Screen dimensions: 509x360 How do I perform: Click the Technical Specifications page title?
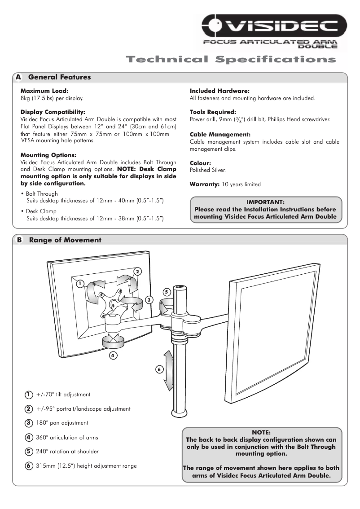click(x=230, y=60)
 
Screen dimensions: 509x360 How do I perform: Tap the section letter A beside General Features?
click(x=18, y=77)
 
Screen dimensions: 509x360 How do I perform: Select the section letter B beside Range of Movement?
click(x=19, y=240)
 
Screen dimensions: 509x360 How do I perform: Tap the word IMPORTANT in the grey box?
click(x=265, y=202)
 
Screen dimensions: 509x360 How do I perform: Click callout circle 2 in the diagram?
click(x=138, y=271)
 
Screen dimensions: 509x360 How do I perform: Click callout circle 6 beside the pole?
click(x=158, y=369)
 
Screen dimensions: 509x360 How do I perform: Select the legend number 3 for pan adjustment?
click(x=28, y=423)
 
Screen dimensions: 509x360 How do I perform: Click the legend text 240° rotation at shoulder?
click(x=67, y=452)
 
